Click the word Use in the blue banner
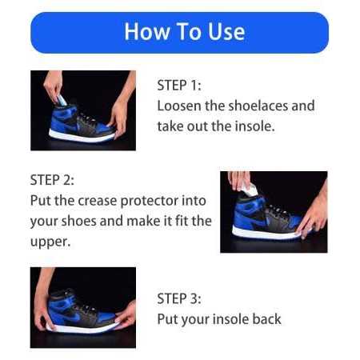(x=226, y=32)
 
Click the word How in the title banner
(x=146, y=32)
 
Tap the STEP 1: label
(x=179, y=86)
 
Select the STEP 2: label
(x=52, y=180)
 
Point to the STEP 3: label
(x=179, y=298)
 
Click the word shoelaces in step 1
(x=258, y=106)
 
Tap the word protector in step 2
(x=150, y=201)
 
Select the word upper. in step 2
(x=50, y=242)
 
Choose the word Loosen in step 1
(x=179, y=106)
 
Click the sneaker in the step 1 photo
(x=82, y=122)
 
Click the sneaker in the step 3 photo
(x=82, y=311)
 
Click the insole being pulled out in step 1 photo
(x=61, y=101)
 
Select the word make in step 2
(x=142, y=221)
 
